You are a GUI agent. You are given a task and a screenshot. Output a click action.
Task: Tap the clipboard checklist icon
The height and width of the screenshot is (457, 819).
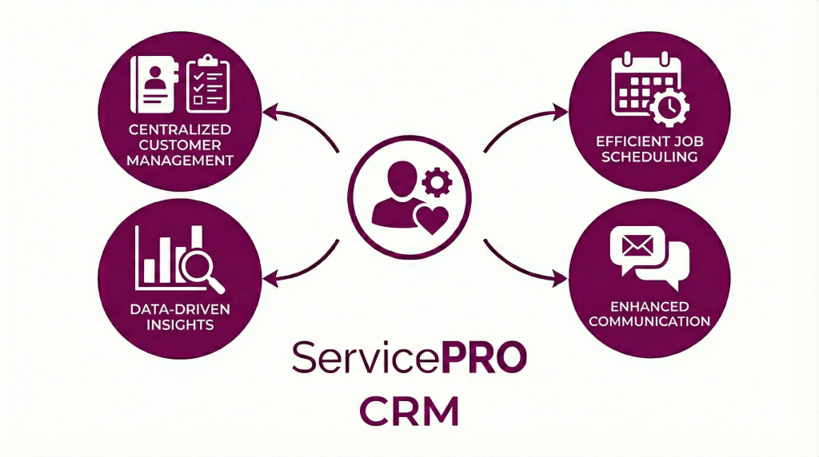click(208, 85)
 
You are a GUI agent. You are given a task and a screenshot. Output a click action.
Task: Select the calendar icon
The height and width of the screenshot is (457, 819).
click(639, 84)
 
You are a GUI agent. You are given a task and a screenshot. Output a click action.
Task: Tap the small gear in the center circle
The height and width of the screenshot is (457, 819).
click(437, 183)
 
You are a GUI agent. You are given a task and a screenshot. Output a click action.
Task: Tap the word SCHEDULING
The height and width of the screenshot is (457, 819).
click(649, 157)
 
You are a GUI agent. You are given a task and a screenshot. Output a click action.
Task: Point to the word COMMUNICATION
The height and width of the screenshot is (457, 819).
click(649, 322)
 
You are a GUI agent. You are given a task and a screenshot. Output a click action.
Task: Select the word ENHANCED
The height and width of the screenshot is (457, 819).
click(649, 307)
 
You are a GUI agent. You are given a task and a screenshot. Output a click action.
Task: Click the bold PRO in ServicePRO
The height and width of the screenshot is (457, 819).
click(483, 357)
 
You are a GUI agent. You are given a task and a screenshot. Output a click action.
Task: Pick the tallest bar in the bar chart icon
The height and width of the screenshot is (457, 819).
click(195, 255)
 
